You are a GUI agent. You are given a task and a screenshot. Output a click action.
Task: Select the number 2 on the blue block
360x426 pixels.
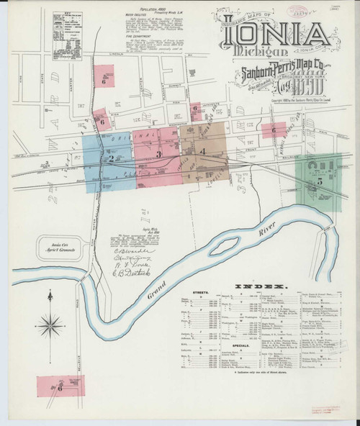111,158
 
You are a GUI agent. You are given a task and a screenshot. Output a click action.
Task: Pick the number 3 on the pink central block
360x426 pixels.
158,154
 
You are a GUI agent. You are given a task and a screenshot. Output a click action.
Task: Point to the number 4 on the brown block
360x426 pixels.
204,151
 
